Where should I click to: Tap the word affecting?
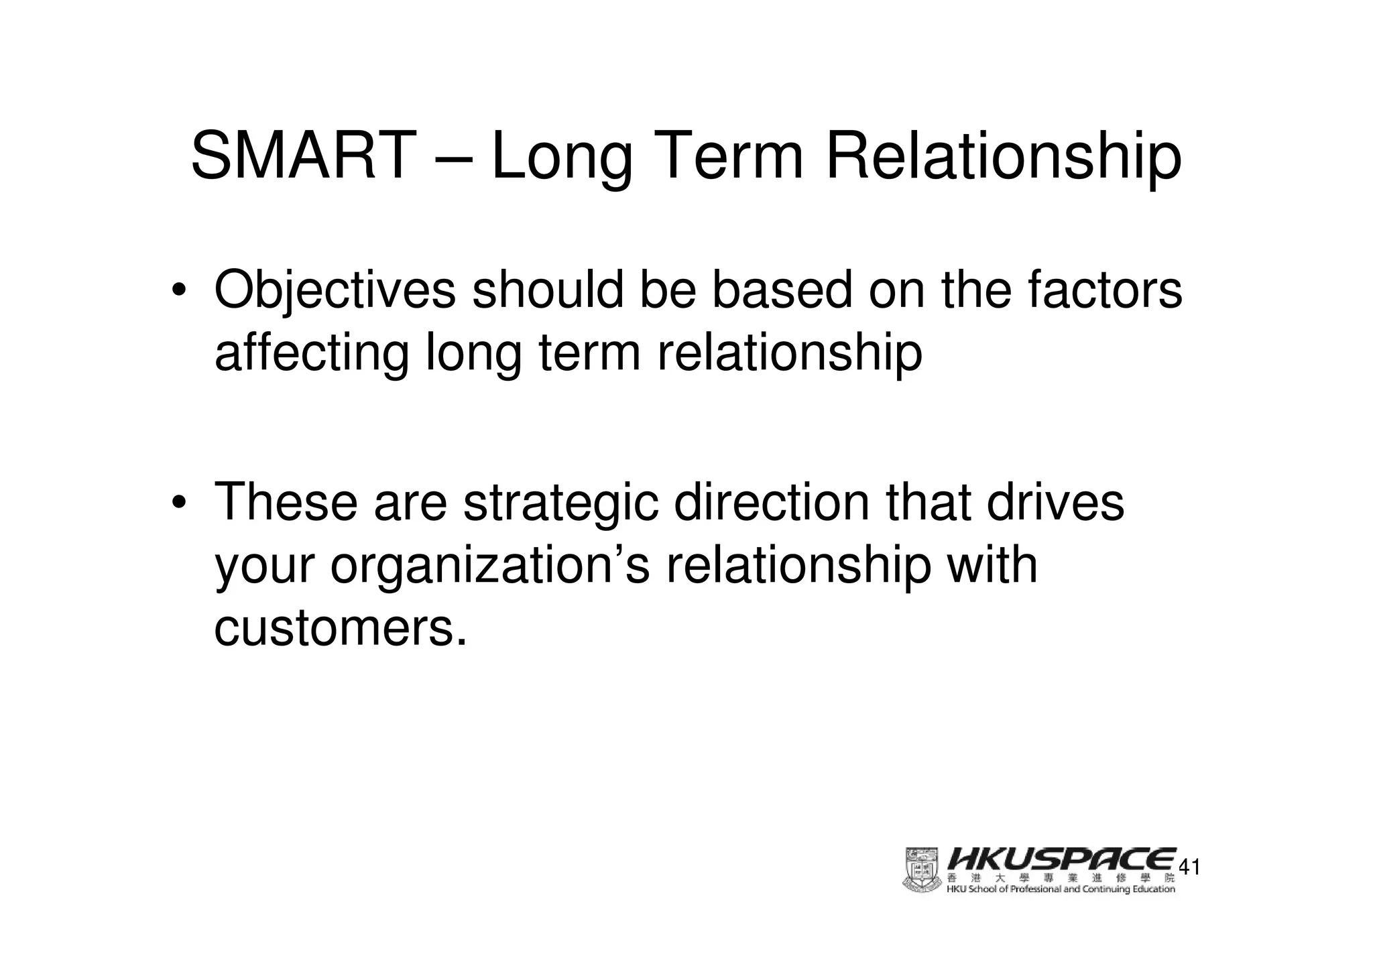(311, 354)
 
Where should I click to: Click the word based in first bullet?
(780, 289)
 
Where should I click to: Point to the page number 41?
(1189, 867)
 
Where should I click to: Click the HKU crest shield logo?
(923, 869)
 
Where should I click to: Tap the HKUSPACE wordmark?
(1061, 859)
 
